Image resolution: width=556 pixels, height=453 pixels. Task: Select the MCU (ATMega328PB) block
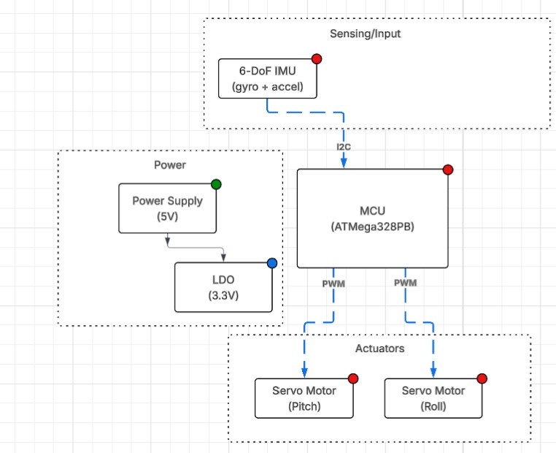tap(372, 218)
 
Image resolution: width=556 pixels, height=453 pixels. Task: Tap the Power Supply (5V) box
tap(167, 208)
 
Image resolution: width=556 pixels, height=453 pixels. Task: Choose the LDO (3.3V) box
tap(223, 287)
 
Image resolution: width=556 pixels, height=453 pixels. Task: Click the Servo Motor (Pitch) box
tap(306, 398)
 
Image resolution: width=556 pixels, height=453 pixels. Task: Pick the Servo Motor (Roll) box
tap(433, 398)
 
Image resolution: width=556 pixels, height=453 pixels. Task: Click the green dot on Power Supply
tap(216, 184)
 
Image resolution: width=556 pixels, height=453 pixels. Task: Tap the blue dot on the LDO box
tap(272, 263)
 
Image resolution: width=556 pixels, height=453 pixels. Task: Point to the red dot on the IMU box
tap(317, 59)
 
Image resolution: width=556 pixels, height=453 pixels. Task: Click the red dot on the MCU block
tap(448, 170)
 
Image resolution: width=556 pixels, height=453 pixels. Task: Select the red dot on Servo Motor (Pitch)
tap(353, 378)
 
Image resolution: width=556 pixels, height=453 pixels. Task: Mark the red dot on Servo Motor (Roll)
tap(482, 378)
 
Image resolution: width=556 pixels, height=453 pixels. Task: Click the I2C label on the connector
tap(344, 147)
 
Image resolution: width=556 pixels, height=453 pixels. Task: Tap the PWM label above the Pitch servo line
tap(334, 283)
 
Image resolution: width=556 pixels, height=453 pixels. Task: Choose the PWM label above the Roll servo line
tap(405, 283)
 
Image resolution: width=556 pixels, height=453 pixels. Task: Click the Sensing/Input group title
tap(376, 34)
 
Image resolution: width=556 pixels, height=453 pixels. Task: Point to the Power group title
tap(170, 165)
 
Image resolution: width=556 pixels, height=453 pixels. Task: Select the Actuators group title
tap(379, 349)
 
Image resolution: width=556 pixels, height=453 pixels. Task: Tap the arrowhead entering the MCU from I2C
tap(344, 164)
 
